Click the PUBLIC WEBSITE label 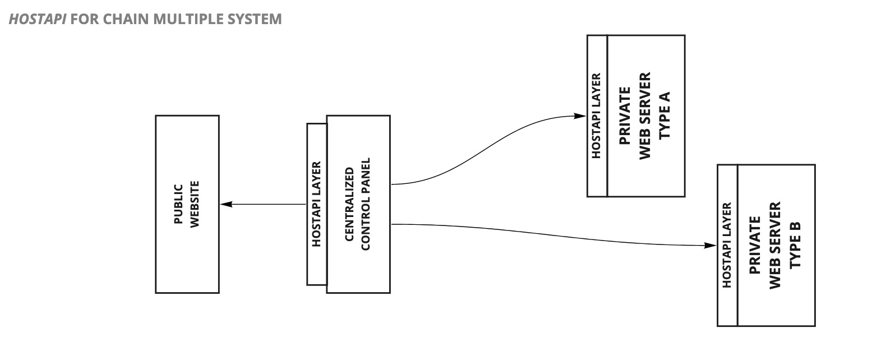click(187, 204)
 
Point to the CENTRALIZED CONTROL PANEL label click(357, 204)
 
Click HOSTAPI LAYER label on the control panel click(316, 204)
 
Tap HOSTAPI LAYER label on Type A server click(597, 116)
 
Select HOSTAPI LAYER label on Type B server click(727, 245)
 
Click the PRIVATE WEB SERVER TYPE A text click(645, 116)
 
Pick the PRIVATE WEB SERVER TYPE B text click(776, 245)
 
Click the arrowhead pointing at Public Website click(225, 204)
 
